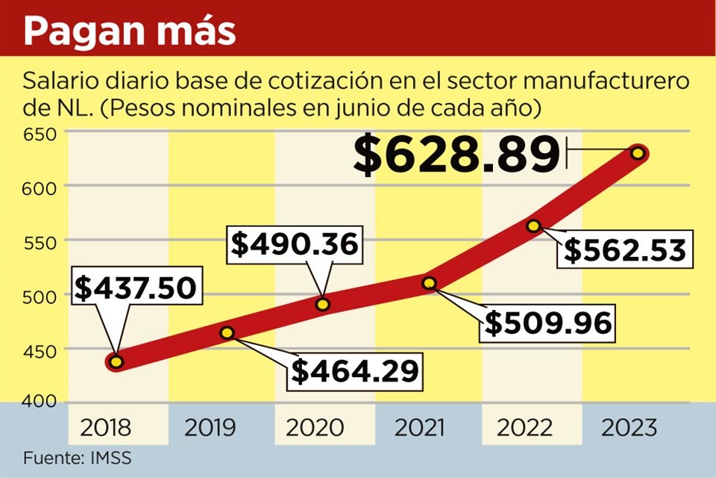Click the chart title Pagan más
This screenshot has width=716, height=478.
[x=130, y=31]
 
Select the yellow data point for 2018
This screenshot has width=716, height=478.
[x=116, y=362]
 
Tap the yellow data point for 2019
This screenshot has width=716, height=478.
[x=227, y=332]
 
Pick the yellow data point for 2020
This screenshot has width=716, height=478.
[x=323, y=304]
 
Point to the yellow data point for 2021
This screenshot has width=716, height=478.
[x=429, y=283]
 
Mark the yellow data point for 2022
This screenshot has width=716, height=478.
[x=533, y=226]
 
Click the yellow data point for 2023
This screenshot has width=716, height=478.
[x=638, y=153]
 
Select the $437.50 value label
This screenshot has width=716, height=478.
[x=137, y=288]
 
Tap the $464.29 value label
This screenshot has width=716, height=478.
[x=354, y=370]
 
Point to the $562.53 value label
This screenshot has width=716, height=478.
[x=624, y=249]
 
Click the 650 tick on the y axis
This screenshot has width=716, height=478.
[x=38, y=134]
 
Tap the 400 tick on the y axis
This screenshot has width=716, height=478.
[x=38, y=401]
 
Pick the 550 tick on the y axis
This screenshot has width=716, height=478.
[x=38, y=241]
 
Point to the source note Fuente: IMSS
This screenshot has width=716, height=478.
[x=72, y=457]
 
